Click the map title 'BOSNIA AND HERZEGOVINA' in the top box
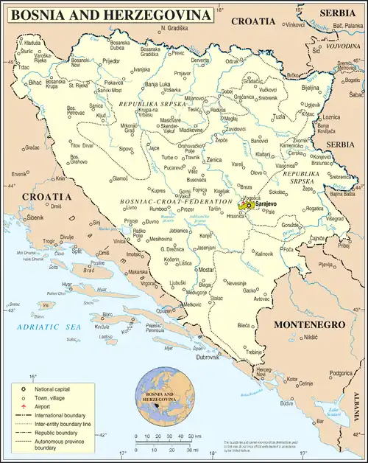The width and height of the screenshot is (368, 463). (110, 14)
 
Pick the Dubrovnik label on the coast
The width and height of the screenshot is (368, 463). (207, 358)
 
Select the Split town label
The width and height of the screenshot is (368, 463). (76, 252)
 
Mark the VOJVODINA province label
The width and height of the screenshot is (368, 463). (342, 46)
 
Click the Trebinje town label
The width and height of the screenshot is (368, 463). (255, 352)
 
